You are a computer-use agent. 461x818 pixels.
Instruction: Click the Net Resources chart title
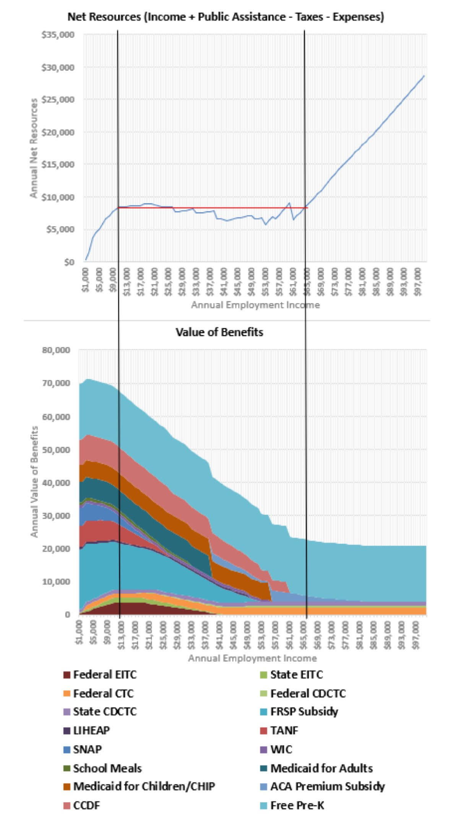pos(226,17)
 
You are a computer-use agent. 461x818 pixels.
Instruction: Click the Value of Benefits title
pos(219,332)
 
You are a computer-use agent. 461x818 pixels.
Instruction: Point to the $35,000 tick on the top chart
pos(58,35)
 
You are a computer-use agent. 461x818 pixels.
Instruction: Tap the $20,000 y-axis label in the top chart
pos(58,132)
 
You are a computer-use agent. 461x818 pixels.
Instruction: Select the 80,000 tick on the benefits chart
pos(56,350)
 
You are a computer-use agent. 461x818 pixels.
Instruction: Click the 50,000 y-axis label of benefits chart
pos(56,449)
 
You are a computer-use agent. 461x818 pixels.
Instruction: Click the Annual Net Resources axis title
pos(34,148)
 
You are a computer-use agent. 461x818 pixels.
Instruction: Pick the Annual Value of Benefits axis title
pos(34,481)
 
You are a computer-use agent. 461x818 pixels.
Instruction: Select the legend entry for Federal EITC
pos(104,685)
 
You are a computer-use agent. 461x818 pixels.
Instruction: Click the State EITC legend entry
pos(296,685)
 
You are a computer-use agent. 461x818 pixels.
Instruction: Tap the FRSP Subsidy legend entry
pos(304,722)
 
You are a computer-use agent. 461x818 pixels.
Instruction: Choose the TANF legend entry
pos(284,741)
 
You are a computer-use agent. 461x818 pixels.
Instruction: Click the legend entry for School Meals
pos(107,779)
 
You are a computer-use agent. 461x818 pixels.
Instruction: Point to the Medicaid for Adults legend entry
pos(321,779)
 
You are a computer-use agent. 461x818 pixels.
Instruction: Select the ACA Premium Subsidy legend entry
pos(327,797)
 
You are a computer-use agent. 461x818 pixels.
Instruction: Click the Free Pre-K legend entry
pos(297,816)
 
